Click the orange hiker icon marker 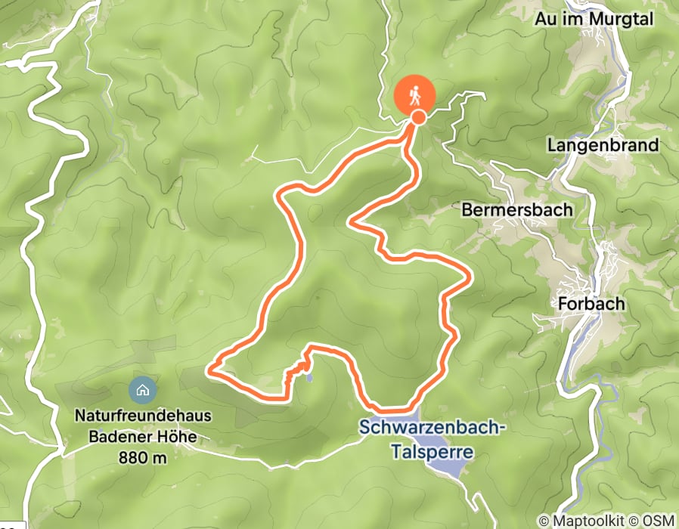414,96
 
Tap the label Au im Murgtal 594,20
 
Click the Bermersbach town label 516,209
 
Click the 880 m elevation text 142,457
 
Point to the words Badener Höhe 142,436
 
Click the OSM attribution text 658,521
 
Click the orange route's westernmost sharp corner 211,370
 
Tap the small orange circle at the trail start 417,117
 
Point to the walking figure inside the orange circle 414,95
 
